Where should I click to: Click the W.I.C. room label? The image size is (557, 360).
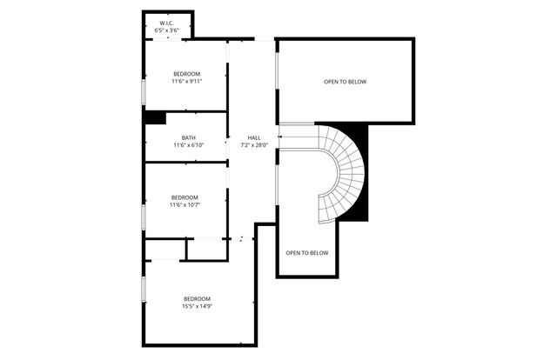point(167,23)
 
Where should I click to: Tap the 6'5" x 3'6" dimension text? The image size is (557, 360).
point(167,30)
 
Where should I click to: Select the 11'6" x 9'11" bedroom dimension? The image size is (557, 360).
point(187,82)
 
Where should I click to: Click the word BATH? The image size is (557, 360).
point(188,138)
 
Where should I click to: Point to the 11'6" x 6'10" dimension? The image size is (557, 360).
point(188,146)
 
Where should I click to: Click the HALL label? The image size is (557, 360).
point(254,137)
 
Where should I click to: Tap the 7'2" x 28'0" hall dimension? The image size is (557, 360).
point(254,145)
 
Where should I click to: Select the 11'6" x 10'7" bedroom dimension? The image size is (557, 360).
point(185,205)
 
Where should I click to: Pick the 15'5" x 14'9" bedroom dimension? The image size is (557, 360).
point(198,306)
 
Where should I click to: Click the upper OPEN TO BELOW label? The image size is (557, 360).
point(346,83)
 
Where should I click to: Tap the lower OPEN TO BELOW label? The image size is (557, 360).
point(307,253)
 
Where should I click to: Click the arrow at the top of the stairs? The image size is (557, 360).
point(281,137)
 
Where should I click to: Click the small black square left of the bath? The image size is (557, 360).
point(155,117)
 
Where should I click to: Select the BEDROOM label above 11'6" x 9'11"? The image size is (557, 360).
point(187,74)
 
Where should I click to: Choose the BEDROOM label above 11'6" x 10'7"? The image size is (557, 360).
point(185,197)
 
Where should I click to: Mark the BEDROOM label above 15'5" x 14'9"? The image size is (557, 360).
point(198,298)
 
